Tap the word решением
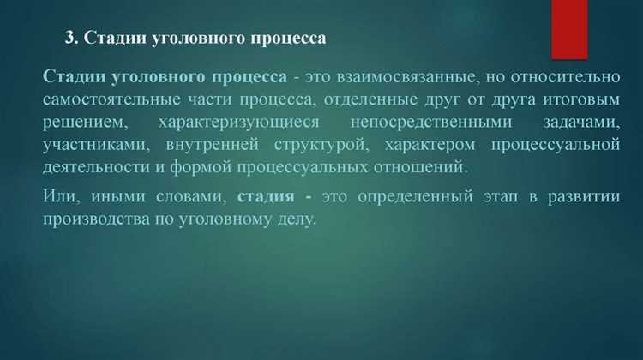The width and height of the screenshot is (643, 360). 81,122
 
